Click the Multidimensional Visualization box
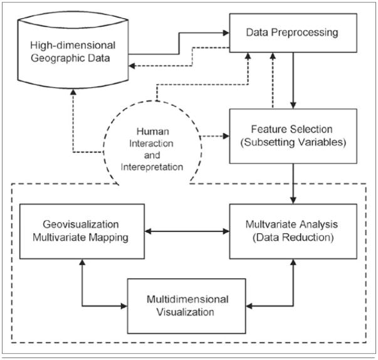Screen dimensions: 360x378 (187, 305)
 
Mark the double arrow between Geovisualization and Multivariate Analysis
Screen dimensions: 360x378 (186, 231)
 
